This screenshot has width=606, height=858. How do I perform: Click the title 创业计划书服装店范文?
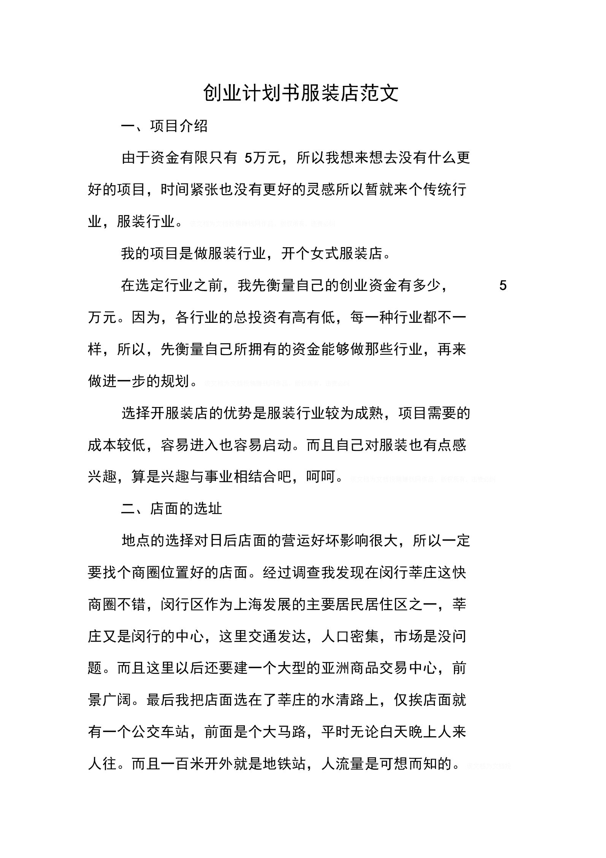(301, 93)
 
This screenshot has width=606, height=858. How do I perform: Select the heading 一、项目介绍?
(164, 126)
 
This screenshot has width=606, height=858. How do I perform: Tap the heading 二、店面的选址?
(171, 508)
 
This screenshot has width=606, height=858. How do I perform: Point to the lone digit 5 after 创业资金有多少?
(503, 285)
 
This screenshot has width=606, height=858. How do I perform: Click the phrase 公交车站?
(160, 732)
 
